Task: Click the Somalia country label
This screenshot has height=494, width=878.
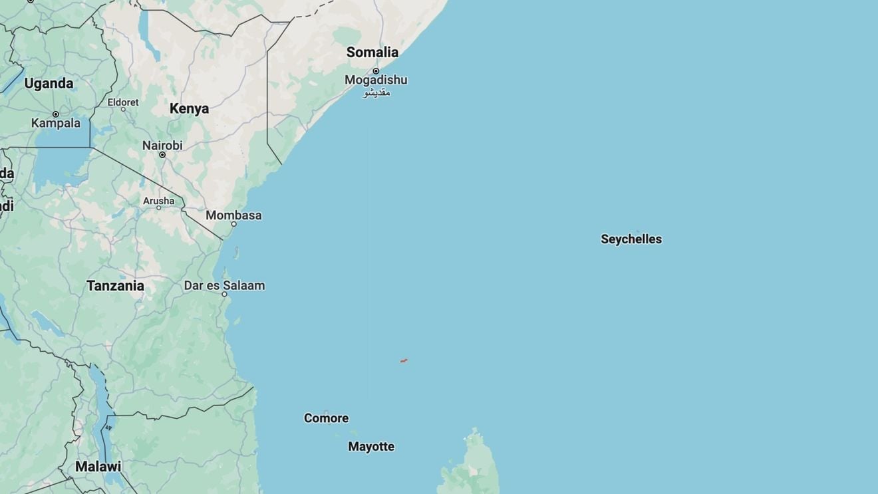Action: tap(372, 52)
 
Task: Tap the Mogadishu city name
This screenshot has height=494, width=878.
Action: tap(376, 80)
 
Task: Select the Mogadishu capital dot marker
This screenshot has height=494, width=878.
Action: tap(376, 70)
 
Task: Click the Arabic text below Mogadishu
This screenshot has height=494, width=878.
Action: tap(376, 92)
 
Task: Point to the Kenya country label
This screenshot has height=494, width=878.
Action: tap(189, 108)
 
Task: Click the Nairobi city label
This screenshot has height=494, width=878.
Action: tap(162, 145)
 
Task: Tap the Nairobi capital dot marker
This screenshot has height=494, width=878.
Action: tap(162, 155)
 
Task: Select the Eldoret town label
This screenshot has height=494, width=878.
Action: tap(123, 102)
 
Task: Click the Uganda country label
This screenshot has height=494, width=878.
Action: tap(49, 84)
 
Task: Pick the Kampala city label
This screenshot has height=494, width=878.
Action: tap(56, 123)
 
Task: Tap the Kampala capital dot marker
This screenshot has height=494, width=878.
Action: tap(56, 114)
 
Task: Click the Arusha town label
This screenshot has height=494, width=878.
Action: tap(158, 201)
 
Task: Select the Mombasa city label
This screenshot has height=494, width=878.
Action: tap(233, 215)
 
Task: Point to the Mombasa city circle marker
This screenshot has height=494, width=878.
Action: tap(233, 224)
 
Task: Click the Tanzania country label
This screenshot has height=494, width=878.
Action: tap(115, 286)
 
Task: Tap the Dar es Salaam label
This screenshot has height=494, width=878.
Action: tap(224, 285)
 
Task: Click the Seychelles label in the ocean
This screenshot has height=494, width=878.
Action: tap(631, 239)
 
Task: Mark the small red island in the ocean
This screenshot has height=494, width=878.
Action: tap(404, 360)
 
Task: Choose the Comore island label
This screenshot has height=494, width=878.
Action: tap(326, 418)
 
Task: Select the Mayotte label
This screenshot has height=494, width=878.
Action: tap(371, 447)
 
